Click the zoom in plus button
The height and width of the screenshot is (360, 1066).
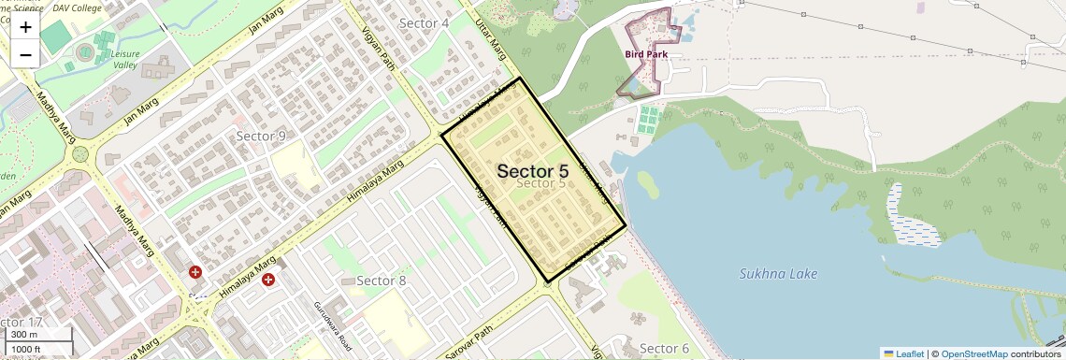coord(25,27)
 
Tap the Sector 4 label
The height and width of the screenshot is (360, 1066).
coord(424,22)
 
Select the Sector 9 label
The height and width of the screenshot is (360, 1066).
coord(261,137)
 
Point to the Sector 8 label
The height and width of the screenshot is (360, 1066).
coord(382,281)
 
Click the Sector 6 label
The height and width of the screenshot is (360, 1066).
coord(664,349)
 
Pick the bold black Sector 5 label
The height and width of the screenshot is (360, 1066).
coord(533,171)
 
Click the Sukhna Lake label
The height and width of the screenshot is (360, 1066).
coord(778,274)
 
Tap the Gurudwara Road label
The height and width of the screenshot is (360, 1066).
coord(332,323)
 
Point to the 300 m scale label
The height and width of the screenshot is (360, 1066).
coord(24,335)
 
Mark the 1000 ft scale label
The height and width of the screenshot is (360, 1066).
coord(28,350)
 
